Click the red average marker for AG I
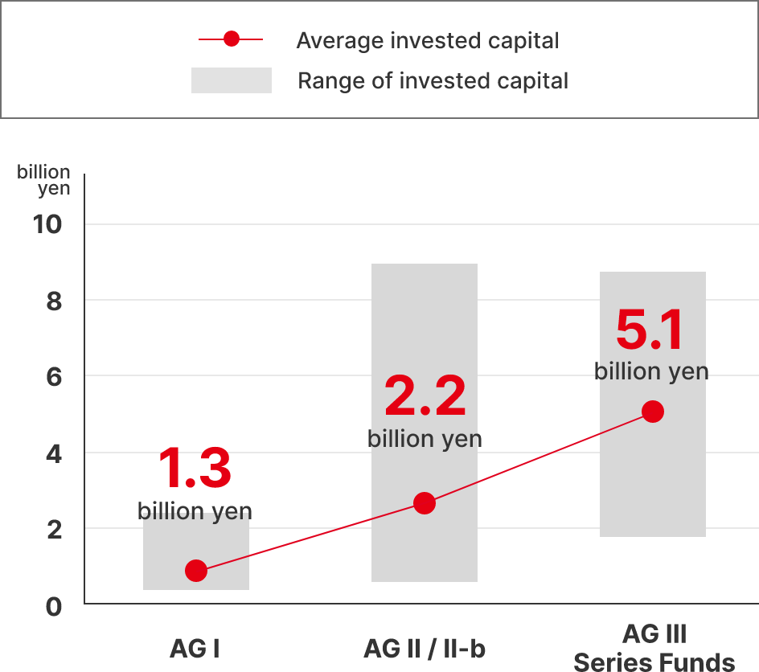pyautogui.click(x=195, y=571)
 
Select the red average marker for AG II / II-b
pyautogui.click(x=424, y=503)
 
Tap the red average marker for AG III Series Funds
pyautogui.click(x=652, y=412)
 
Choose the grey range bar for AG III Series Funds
pyautogui.click(x=652, y=482)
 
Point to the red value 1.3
pyautogui.click(x=195, y=469)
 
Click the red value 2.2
pyautogui.click(x=425, y=396)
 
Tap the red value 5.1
pyautogui.click(x=650, y=330)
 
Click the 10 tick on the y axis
pyautogui.click(x=48, y=224)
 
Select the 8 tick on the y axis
pyautogui.click(x=53, y=301)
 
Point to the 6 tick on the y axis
pyautogui.click(x=53, y=376)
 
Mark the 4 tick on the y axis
pyautogui.click(x=53, y=453)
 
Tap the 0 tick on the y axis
pyautogui.click(x=53, y=605)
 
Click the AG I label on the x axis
pyautogui.click(x=195, y=648)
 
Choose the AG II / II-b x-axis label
pyautogui.click(x=425, y=648)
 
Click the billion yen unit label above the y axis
pyautogui.click(x=43, y=181)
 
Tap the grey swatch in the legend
pyautogui.click(x=232, y=80)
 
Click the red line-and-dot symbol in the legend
pyautogui.click(x=232, y=39)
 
